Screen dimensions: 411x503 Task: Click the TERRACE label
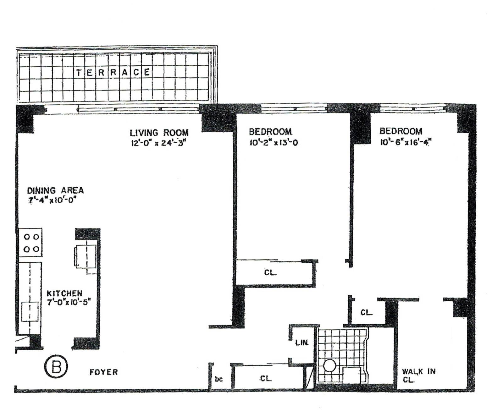coord(113,72)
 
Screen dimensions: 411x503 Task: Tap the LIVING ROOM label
coord(159,132)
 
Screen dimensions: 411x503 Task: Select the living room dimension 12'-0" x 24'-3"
coord(159,143)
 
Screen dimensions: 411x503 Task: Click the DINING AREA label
coord(55,190)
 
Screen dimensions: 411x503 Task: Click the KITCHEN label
coord(64,293)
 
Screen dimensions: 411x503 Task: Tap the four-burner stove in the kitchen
coord(31,243)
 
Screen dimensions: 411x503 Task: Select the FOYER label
coord(103,372)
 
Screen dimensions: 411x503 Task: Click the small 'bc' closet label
coord(219,379)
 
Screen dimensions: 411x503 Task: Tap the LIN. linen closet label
coord(302,343)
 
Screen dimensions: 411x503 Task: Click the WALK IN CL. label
coord(418,375)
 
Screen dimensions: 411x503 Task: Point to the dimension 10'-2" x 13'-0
coord(274,143)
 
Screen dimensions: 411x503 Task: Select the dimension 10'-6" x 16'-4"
coord(405,142)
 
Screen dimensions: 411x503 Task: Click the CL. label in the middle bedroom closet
coord(270,272)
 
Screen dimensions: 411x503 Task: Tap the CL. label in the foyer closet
coord(266,379)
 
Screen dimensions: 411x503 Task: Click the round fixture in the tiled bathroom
coord(329,366)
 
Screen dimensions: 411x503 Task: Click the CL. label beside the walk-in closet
coord(367,312)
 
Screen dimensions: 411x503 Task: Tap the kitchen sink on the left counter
coord(30,311)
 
